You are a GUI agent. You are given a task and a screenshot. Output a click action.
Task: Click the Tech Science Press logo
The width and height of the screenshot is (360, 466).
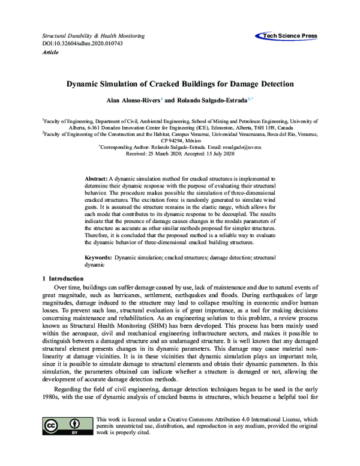pos(287,36)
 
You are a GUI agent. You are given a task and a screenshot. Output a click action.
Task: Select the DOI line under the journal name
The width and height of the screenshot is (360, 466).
pos(74,44)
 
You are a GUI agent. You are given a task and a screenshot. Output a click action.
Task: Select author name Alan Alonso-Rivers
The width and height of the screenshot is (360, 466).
pos(127,100)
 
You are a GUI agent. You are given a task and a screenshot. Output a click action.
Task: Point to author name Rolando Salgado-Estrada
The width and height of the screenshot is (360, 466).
pos(205,100)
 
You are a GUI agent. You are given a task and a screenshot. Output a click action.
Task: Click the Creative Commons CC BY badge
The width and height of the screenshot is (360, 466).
pos(64,425)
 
